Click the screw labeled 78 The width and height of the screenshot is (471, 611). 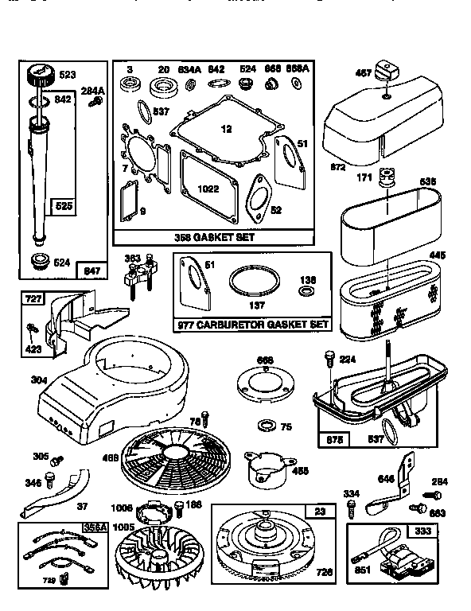point(205,416)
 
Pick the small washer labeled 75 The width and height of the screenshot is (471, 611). point(266,425)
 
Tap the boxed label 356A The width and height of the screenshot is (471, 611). point(94,528)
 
